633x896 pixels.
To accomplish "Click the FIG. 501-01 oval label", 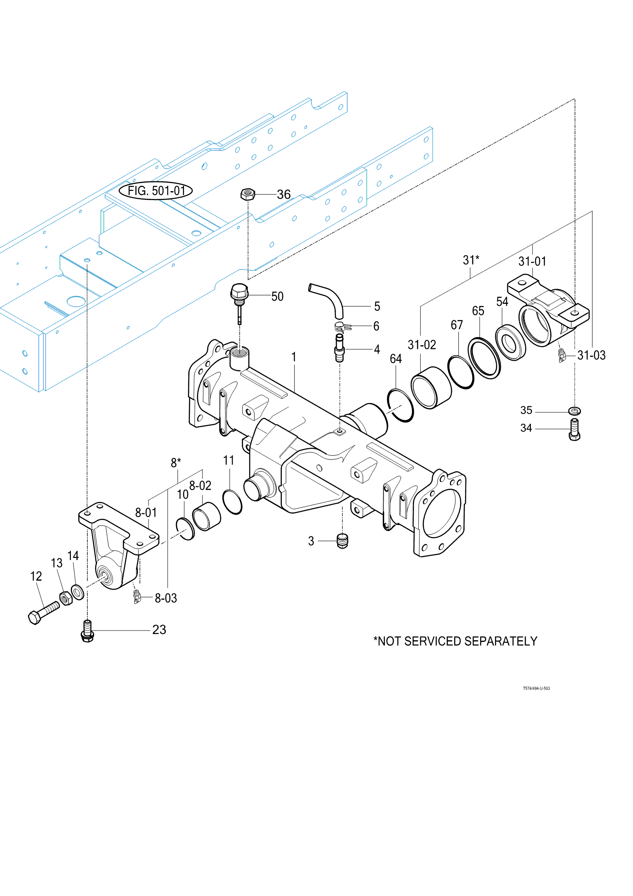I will point(156,191).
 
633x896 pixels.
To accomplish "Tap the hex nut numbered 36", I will point(248,195).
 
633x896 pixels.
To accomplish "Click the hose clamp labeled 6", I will point(342,327).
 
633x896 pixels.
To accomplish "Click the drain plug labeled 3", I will point(343,541).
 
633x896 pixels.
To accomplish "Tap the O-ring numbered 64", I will point(400,405).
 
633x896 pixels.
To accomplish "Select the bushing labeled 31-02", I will point(431,387).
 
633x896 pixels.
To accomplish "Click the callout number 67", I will point(457,325).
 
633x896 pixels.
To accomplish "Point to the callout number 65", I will point(478,311).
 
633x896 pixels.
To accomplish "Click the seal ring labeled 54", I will point(510,343).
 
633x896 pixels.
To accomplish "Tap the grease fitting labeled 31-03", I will point(561,355).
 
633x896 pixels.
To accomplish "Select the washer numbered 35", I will point(574,410).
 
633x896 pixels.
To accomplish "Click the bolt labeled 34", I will point(574,430).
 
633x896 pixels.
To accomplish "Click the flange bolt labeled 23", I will point(87,631).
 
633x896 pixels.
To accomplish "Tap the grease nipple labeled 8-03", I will point(136,596).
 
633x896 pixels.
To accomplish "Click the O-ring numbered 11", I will point(232,502).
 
